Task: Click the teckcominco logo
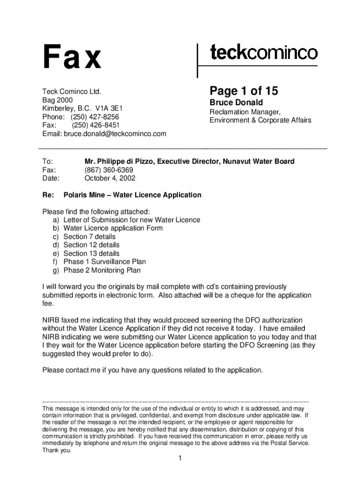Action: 264,52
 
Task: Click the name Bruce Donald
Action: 236,102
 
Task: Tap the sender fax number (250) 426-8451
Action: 95,125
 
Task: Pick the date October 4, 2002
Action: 110,178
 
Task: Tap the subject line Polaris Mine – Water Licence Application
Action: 132,195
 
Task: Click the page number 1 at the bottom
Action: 180,458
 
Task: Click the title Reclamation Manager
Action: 245,112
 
